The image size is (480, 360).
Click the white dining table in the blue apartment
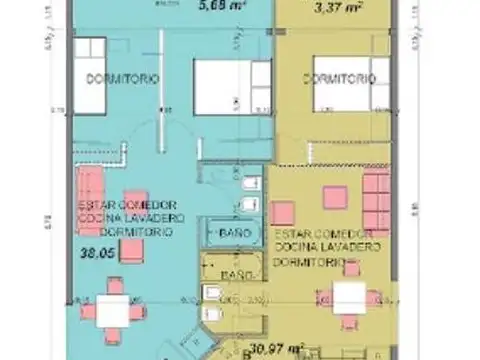pyautogui.click(x=113, y=311)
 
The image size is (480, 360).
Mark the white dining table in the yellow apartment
pyautogui.click(x=351, y=297)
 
